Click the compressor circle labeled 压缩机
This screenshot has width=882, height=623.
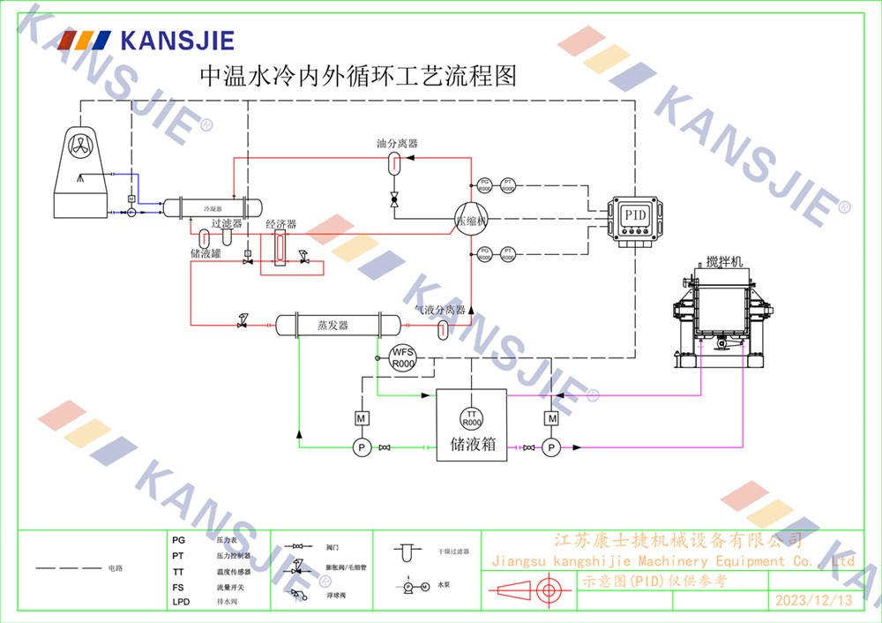pos(471,221)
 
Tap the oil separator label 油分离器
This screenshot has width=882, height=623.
pos(397,143)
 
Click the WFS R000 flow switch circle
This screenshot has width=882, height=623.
pos(403,357)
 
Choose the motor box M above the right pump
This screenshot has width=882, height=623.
pos(552,417)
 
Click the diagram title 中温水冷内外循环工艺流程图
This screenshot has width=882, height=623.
pos(357,76)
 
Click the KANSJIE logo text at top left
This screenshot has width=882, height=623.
pos(176,40)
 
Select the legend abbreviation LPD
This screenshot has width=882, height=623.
pos(180,602)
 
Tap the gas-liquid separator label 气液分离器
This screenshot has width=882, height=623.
pos(440,310)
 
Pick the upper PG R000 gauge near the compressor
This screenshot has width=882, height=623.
pos(484,185)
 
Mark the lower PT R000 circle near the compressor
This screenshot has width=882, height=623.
pos(508,254)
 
